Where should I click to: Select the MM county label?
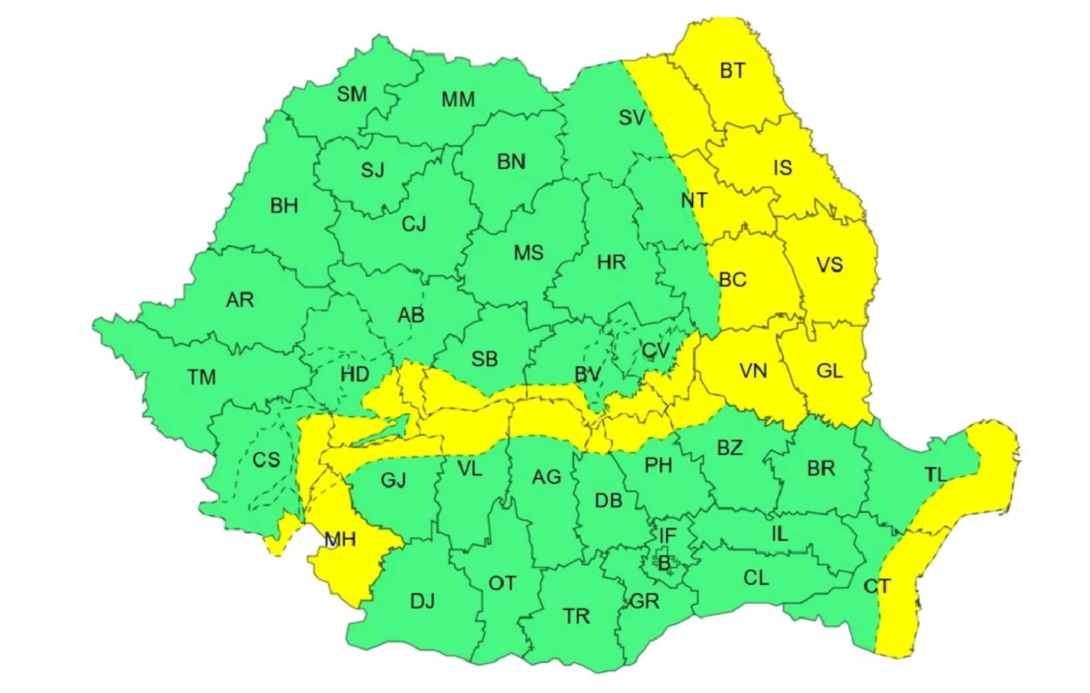coord(458,99)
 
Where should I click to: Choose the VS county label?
coord(828,265)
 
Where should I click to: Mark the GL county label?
coord(829,370)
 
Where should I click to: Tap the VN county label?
coord(753,371)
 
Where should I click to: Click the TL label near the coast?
coord(935,473)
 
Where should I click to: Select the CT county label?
coord(877,588)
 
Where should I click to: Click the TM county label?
coord(201,377)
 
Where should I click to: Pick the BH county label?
coord(283,206)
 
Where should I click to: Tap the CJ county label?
coord(413,223)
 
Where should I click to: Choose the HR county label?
coord(611,262)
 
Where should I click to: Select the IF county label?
coord(668,536)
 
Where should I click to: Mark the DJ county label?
coord(422,600)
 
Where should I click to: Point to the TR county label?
coord(576,617)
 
